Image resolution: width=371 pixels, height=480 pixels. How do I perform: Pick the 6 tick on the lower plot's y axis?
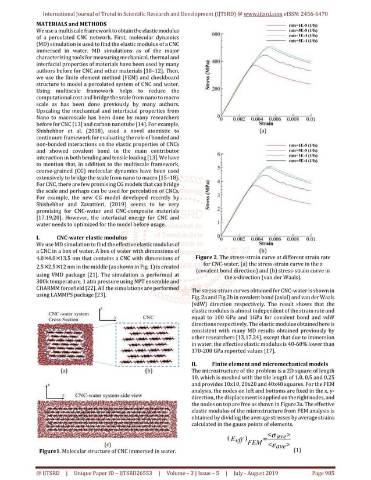(216, 155)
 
